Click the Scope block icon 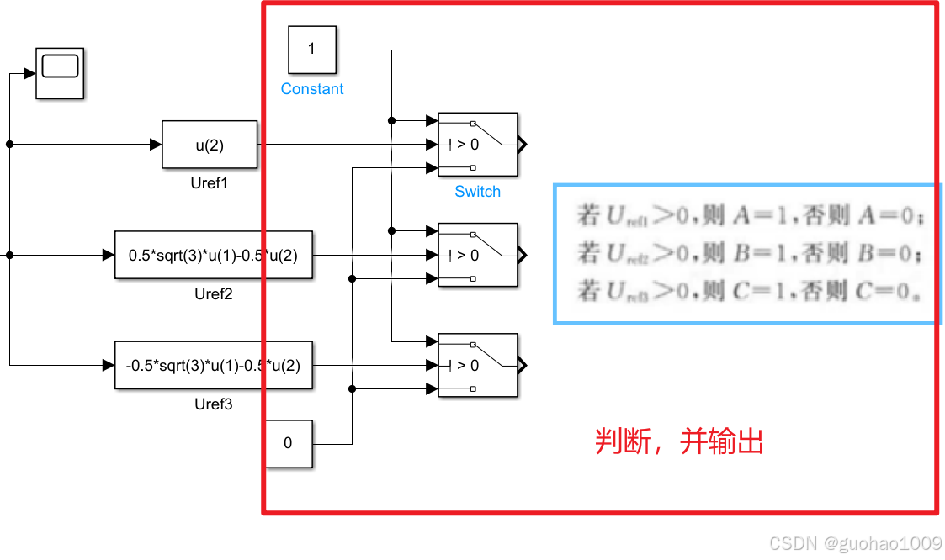click(60, 72)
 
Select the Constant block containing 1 click(311, 49)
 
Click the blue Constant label click(312, 89)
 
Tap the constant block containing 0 click(289, 443)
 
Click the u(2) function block click(210, 145)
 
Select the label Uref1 click(210, 183)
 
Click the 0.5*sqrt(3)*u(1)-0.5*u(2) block click(213, 255)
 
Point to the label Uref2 click(213, 294)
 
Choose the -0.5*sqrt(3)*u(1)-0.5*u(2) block click(213, 366)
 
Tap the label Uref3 click(213, 404)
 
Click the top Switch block click(477, 145)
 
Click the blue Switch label click(477, 192)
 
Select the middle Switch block click(477, 255)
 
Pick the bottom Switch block click(477, 366)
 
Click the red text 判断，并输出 click(679, 441)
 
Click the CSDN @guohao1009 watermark click(855, 543)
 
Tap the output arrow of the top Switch click(523, 145)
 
